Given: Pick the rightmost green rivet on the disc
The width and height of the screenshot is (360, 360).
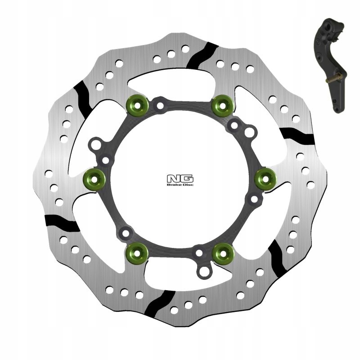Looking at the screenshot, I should pyautogui.click(x=265, y=179).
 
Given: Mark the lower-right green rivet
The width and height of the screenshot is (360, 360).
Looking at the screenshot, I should pyautogui.click(x=222, y=252).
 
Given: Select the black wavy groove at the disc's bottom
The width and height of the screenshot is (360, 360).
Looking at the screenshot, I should pyautogui.click(x=161, y=304).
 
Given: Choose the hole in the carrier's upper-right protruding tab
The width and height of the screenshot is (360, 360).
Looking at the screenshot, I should pyautogui.click(x=251, y=131).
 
